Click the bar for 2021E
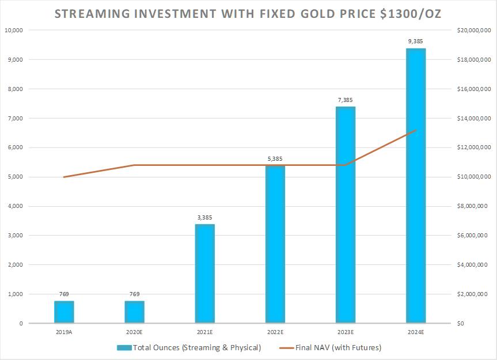204,274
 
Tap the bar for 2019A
64,312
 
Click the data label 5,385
275,159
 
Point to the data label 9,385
415,41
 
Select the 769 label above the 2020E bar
134,294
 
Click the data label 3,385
204,218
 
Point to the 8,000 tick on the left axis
14,89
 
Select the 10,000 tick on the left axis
12,30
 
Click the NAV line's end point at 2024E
415,130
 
